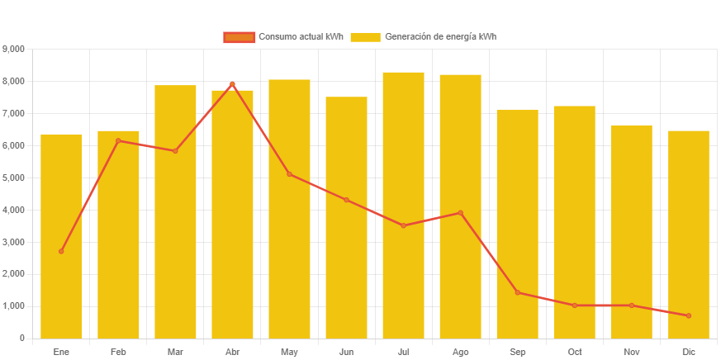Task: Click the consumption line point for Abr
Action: click(x=232, y=84)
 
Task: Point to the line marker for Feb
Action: click(x=118, y=140)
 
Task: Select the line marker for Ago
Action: click(x=460, y=213)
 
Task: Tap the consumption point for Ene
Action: click(x=61, y=251)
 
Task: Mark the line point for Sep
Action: click(x=517, y=292)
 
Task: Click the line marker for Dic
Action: click(x=689, y=315)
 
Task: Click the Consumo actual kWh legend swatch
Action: click(x=240, y=37)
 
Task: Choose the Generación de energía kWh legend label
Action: click(x=440, y=37)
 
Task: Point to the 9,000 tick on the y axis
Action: click(x=14, y=50)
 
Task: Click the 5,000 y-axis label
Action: click(x=14, y=178)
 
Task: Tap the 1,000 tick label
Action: click(x=14, y=306)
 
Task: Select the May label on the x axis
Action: click(x=289, y=352)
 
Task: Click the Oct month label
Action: click(x=574, y=352)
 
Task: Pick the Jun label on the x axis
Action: click(x=346, y=352)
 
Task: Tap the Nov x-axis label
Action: click(x=631, y=352)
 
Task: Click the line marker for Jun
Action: click(x=346, y=200)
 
